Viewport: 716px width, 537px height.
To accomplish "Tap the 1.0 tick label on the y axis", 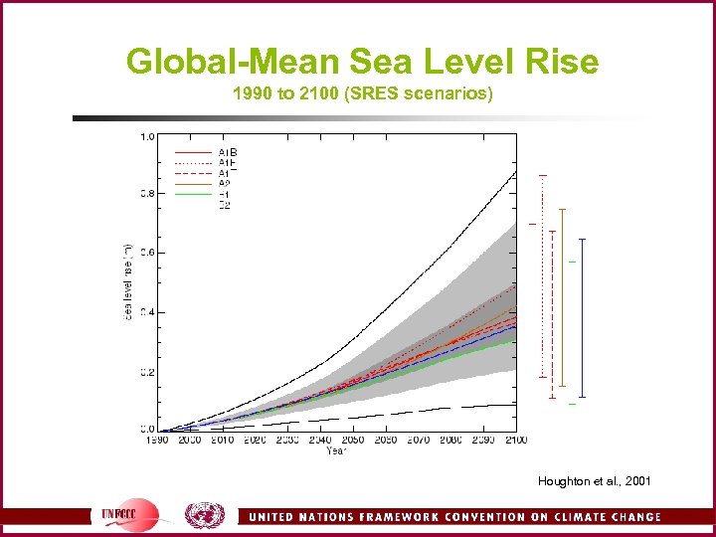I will [146, 136].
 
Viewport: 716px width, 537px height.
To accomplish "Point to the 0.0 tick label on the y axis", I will [146, 430].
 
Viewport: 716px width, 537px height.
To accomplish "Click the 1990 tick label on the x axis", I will [157, 440].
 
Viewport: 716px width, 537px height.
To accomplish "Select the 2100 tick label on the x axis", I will [514, 440].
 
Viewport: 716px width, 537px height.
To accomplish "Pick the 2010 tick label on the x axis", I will [222, 440].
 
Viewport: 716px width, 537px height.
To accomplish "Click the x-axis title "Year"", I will [337, 450].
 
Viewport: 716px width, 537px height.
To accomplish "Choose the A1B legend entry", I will [228, 152].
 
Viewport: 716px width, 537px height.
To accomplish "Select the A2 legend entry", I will [224, 183].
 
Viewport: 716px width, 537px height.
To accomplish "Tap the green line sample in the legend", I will [194, 195].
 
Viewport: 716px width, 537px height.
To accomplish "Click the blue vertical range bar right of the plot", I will [582, 318].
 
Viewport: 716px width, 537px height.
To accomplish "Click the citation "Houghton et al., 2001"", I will [595, 481].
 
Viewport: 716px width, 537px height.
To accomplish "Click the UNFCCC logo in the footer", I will [129, 515].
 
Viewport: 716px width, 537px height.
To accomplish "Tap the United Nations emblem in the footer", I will [205, 515].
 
